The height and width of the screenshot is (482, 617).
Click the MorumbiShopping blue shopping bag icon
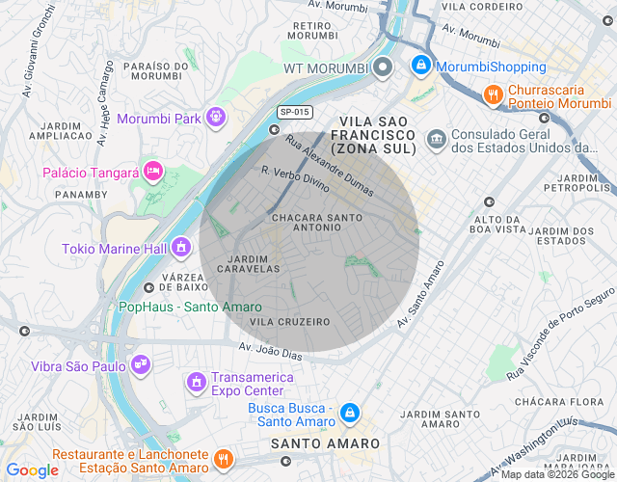(420, 67)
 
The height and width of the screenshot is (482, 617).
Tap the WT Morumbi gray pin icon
(383, 67)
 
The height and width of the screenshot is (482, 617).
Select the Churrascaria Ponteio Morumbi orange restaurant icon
(493, 94)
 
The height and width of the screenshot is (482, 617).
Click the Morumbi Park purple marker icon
(215, 119)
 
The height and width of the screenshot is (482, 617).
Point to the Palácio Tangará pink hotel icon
(153, 172)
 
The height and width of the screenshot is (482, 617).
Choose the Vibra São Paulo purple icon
(141, 364)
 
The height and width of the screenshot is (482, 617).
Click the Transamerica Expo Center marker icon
(197, 383)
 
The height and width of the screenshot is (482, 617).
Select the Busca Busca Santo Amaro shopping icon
(351, 413)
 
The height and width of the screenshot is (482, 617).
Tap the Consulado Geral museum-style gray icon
(437, 141)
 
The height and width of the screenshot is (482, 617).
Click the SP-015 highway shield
(294, 112)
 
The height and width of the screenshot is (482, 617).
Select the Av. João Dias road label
(271, 353)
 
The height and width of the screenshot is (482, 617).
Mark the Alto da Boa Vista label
(497, 224)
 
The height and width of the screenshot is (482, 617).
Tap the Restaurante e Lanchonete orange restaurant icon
(223, 459)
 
